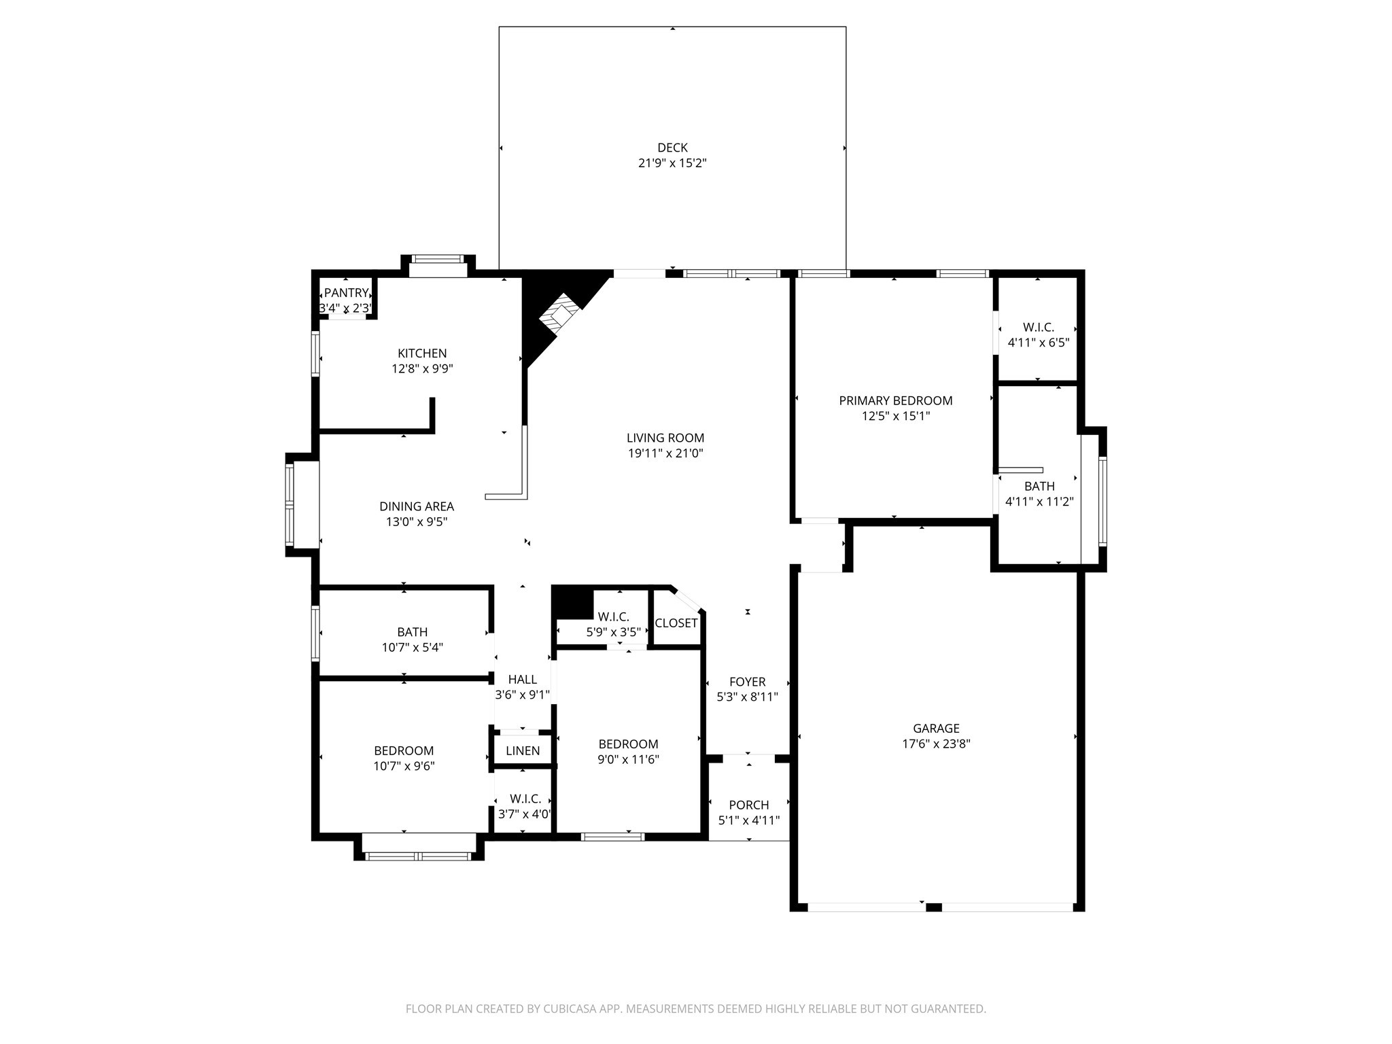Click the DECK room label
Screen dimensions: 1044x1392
coord(672,147)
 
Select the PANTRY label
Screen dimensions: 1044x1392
coord(346,293)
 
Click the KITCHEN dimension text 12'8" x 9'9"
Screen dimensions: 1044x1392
coord(422,369)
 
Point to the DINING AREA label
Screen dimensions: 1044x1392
coord(417,506)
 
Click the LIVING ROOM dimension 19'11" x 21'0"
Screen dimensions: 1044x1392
coord(665,453)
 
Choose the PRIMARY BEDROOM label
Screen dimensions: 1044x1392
coord(895,401)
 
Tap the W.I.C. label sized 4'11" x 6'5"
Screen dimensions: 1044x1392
coord(1038,328)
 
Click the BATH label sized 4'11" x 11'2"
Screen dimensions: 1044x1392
coord(1039,487)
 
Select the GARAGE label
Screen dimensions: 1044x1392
coord(936,729)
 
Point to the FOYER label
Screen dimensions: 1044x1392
coord(747,682)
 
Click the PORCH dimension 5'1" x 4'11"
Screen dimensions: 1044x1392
coord(748,820)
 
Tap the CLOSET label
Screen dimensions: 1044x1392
coord(676,623)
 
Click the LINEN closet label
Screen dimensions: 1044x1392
coord(523,751)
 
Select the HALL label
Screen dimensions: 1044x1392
coord(522,680)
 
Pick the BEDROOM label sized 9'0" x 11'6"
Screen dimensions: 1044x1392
coord(628,744)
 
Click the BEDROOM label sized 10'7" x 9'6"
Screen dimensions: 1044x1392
coord(404,751)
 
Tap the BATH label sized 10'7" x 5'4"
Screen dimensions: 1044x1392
coord(412,632)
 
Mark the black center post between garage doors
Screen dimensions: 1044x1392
coord(934,907)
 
